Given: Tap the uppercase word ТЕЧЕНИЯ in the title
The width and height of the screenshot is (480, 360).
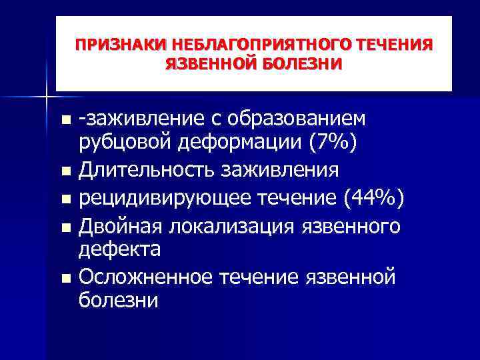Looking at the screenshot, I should pyautogui.click(x=395, y=45).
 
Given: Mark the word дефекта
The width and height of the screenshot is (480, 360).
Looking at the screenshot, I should pyautogui.click(x=119, y=250).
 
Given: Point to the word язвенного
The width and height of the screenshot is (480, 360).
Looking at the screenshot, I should pyautogui.click(x=360, y=227).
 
